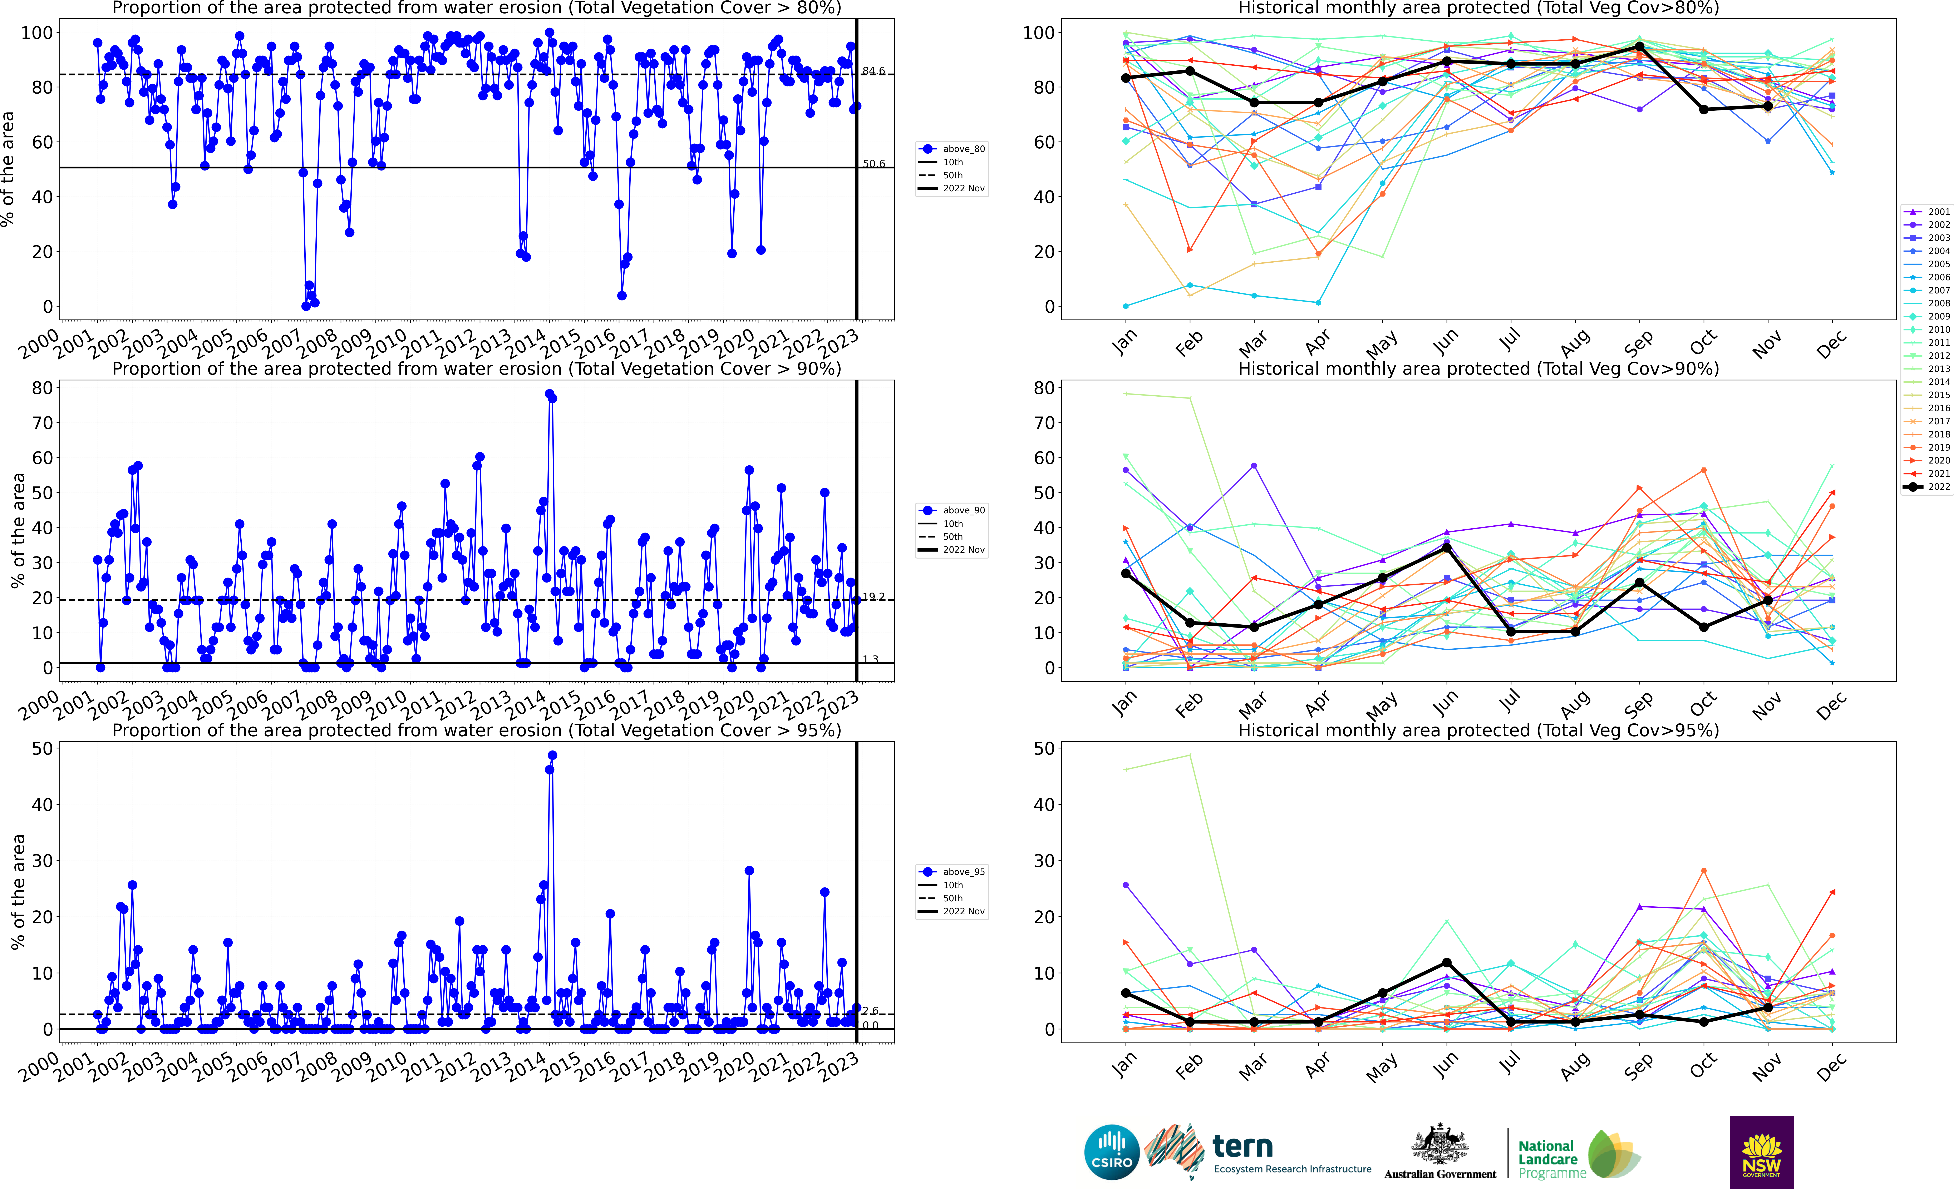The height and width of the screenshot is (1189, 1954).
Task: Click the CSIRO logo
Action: [1112, 1152]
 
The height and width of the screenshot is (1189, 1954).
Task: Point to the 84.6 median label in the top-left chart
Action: [873, 71]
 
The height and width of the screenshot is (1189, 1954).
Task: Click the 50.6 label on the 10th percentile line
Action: [873, 164]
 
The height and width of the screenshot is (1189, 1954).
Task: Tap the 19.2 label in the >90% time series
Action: [873, 597]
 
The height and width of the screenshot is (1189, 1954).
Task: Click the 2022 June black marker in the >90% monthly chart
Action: [1446, 548]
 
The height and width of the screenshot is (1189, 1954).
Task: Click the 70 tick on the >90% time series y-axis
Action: [42, 423]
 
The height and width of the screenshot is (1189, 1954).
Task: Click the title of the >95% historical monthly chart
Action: [1478, 730]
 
